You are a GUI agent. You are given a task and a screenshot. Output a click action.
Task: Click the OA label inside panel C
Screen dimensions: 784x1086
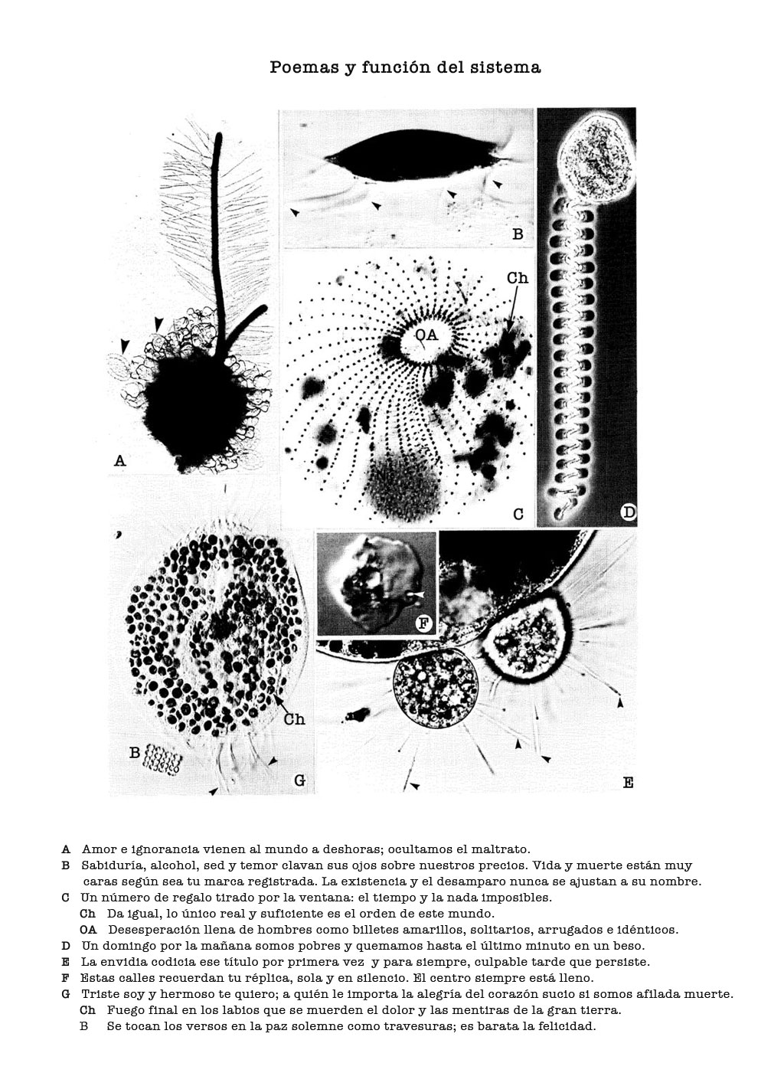(426, 335)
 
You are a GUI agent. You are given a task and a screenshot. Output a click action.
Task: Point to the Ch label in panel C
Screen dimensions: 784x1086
(518, 278)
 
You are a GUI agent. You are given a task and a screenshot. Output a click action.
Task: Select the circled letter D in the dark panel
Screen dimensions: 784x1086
(628, 512)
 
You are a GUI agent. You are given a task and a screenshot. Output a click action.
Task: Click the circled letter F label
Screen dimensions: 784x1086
(424, 623)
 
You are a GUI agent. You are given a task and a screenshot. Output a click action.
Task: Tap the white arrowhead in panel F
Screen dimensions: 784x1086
(418, 594)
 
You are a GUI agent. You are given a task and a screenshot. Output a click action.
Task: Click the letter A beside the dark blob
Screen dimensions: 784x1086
(119, 460)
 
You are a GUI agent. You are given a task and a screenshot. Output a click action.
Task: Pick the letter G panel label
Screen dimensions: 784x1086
(299, 780)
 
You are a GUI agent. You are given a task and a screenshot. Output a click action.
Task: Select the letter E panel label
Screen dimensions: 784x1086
(628, 783)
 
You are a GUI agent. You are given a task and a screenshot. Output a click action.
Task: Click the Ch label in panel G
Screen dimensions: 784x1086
(294, 719)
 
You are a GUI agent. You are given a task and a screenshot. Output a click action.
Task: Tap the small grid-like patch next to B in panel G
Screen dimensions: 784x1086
(162, 760)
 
